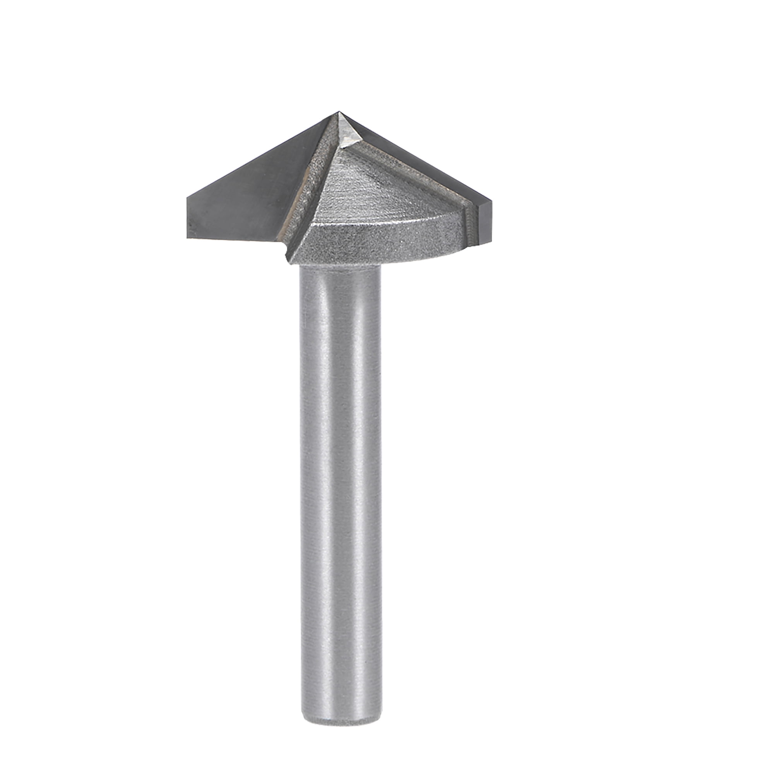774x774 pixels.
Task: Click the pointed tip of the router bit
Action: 339,112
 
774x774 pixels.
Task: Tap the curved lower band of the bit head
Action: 380,242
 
